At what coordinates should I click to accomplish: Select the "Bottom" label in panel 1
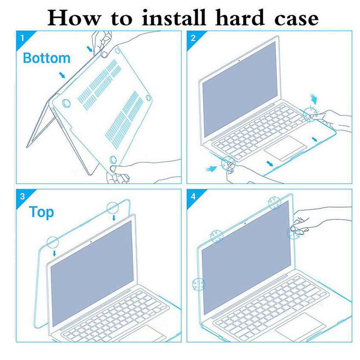click(46, 58)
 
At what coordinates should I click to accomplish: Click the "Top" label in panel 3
click(41, 212)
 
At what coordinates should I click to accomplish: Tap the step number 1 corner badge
click(22, 38)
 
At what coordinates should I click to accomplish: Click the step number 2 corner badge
click(193, 38)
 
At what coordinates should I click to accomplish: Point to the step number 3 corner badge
click(22, 196)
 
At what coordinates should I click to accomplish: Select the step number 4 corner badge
click(193, 196)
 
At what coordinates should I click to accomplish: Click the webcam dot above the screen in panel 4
click(245, 223)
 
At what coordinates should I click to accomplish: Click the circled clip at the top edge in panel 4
click(274, 202)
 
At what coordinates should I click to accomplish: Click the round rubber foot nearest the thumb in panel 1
click(114, 159)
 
